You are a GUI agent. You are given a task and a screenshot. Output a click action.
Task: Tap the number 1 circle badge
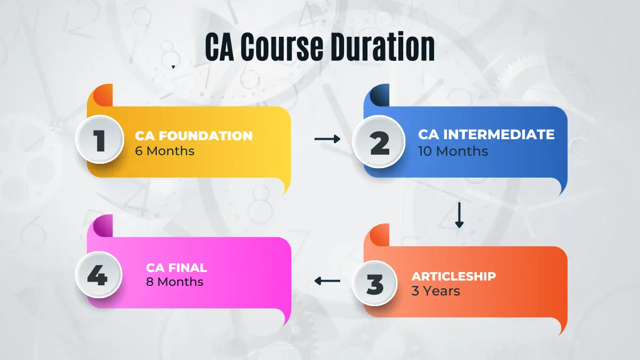point(100,139)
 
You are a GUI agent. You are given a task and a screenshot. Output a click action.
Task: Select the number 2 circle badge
point(379,142)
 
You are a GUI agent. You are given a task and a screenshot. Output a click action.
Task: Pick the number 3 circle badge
point(374,283)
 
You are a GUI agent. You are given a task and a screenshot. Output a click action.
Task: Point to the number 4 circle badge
point(99,275)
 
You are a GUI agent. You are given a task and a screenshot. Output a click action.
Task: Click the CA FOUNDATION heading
point(194,135)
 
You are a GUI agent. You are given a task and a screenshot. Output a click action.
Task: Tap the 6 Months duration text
point(165,151)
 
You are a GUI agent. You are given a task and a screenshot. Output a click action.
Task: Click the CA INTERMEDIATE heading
point(486,134)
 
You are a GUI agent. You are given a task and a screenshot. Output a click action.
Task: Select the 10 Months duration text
point(453,151)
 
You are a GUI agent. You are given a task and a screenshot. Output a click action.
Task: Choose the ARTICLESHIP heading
point(454,276)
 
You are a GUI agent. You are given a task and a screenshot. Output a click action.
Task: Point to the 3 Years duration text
point(436,291)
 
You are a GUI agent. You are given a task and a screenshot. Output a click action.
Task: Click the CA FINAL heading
point(177,268)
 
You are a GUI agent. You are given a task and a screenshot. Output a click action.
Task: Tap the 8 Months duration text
point(174,282)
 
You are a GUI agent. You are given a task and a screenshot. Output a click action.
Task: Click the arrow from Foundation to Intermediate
point(327,139)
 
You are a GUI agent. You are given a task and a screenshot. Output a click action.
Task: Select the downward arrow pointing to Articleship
point(459,215)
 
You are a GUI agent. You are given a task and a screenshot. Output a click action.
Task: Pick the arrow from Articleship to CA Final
point(327,281)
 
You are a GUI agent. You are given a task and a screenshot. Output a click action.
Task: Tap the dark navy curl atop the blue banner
point(380,95)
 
